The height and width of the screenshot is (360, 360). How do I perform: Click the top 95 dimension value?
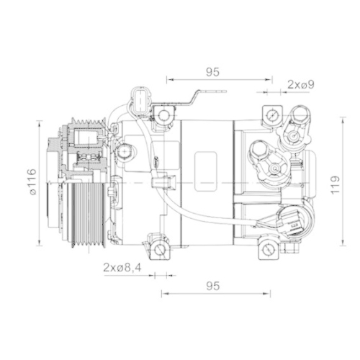(212, 71)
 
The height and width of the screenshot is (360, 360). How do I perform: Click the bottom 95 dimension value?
(212, 286)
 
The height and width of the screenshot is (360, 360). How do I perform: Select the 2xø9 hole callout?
(301, 85)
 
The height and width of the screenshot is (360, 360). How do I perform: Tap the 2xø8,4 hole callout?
(122, 268)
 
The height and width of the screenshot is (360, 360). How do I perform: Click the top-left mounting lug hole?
(164, 114)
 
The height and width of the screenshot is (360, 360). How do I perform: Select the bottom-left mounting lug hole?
(161, 251)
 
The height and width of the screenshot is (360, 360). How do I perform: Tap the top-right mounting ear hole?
(272, 115)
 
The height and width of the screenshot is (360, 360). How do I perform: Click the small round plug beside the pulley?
(126, 152)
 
